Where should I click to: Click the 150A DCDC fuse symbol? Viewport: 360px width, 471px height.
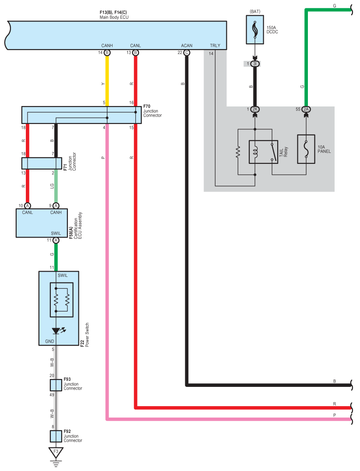click(255, 30)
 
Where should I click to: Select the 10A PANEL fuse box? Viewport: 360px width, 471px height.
click(306, 149)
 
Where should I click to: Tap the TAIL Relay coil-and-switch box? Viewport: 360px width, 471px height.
click(263, 152)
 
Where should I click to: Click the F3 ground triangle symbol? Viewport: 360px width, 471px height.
click(56, 452)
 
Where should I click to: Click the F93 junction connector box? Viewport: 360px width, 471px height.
click(56, 385)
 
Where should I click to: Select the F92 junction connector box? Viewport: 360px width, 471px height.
click(56, 436)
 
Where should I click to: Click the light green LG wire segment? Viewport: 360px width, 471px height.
click(56, 186)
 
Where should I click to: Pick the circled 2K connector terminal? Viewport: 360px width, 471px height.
click(255, 110)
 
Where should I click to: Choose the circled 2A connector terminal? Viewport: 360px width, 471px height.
click(306, 110)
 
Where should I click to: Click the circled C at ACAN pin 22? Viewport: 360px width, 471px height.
click(187, 53)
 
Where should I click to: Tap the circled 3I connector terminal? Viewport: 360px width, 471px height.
click(255, 64)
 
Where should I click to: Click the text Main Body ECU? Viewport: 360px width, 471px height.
click(114, 18)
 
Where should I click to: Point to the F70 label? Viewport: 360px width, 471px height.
click(147, 106)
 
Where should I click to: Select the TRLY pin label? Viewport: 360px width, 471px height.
click(215, 46)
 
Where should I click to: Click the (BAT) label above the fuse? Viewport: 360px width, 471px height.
click(255, 11)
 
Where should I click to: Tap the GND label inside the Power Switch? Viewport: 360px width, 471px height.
click(49, 341)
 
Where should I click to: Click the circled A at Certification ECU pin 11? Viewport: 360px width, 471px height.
click(56, 240)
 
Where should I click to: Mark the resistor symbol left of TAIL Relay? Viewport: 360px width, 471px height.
click(238, 152)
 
